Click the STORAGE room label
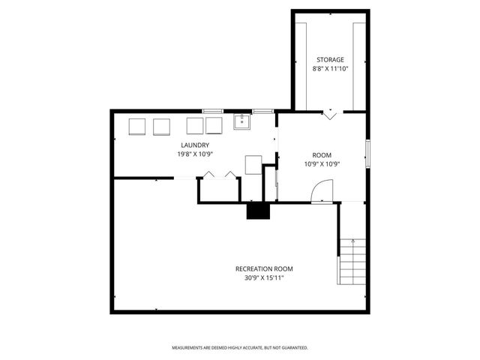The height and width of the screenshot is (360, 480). click(x=330, y=59)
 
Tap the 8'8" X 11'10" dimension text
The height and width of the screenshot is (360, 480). click(x=330, y=68)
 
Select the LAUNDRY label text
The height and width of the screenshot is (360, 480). click(x=194, y=145)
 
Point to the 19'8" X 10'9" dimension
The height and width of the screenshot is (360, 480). click(x=194, y=154)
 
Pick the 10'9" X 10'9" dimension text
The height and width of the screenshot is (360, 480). click(x=322, y=163)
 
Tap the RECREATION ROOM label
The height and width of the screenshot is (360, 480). click(x=264, y=268)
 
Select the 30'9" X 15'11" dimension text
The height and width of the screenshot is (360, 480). click(x=264, y=277)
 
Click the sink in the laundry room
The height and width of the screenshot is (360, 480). click(x=241, y=122)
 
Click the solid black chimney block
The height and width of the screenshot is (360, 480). click(x=258, y=211)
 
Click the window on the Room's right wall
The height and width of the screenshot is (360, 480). click(x=367, y=153)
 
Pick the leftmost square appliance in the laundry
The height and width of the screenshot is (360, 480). click(x=137, y=126)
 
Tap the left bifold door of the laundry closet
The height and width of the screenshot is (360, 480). click(x=208, y=175)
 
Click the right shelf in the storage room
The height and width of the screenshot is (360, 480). click(x=359, y=64)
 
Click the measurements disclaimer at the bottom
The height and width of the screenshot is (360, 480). click(x=240, y=348)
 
